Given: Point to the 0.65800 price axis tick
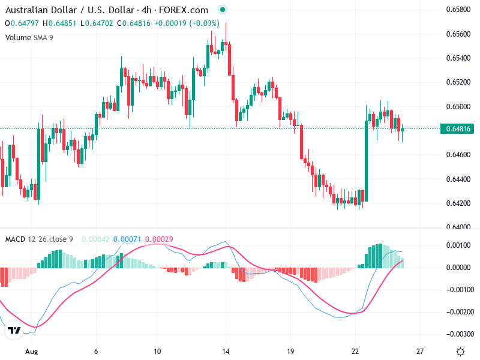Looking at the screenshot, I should coord(457,10).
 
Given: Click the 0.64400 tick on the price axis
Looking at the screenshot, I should coord(457,179).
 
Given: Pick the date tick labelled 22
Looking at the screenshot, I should coord(355,352).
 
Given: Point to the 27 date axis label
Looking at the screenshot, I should coord(420,352).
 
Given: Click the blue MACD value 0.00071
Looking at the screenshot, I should coord(127,239).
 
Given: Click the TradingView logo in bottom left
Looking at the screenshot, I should coord(14,331).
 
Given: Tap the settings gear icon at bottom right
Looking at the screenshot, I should coord(460,352).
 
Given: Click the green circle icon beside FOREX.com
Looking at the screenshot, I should coord(223,10).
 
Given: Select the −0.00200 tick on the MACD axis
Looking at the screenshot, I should coord(459,312).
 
